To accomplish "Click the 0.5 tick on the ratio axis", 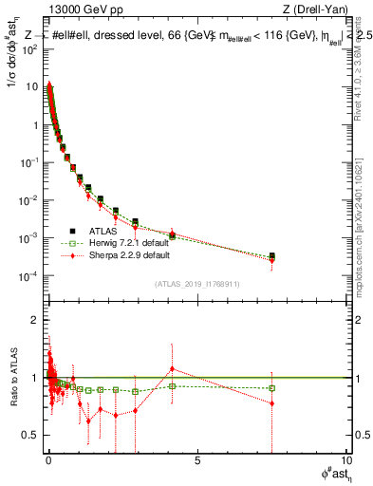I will [x=35, y=435].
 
